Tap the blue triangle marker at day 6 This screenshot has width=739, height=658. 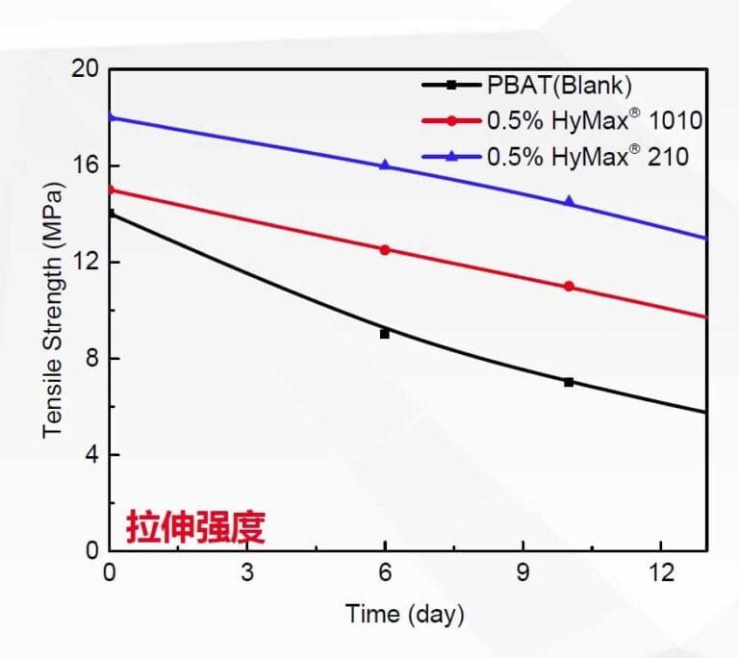pyautogui.click(x=385, y=164)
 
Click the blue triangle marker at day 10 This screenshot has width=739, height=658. pyautogui.click(x=569, y=201)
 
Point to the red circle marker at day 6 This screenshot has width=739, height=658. pyautogui.click(x=385, y=249)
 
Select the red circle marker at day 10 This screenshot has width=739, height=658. pyautogui.click(x=569, y=286)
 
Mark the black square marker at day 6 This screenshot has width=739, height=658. pyautogui.click(x=385, y=334)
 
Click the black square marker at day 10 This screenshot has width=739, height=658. pyautogui.click(x=569, y=382)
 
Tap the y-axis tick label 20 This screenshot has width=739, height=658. pyautogui.click(x=86, y=69)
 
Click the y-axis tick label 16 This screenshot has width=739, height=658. pyautogui.click(x=86, y=165)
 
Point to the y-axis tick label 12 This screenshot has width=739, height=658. pyautogui.click(x=86, y=262)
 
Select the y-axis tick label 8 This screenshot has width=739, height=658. pyautogui.click(x=91, y=358)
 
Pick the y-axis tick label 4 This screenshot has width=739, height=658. pyautogui.click(x=91, y=454)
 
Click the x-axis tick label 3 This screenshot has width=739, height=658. pyautogui.click(x=247, y=572)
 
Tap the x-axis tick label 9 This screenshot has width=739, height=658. pyautogui.click(x=522, y=572)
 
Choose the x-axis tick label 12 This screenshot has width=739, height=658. pyautogui.click(x=660, y=572)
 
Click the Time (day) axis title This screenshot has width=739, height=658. pyautogui.click(x=405, y=613)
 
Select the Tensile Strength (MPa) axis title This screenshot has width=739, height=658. pyautogui.click(x=54, y=310)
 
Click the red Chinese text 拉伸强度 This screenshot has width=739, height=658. pyautogui.click(x=195, y=526)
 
